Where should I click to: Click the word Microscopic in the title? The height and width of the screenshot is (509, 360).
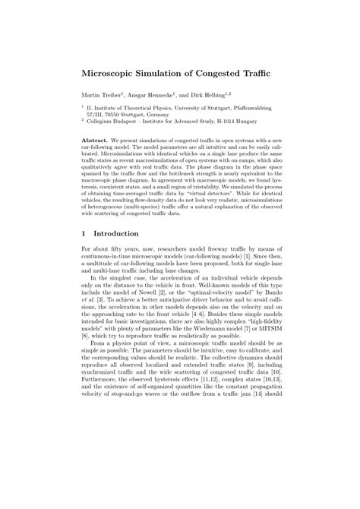(x=115, y=77)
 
